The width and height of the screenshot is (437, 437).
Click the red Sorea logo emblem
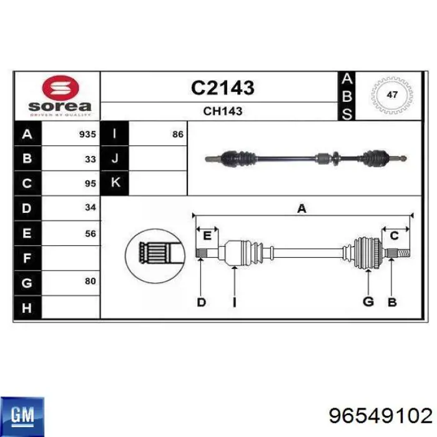[x=61, y=88]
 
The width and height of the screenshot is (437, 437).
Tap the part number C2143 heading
[x=223, y=87]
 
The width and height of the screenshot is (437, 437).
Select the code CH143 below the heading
[x=223, y=111]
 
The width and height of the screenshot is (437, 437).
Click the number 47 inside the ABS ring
[x=392, y=95]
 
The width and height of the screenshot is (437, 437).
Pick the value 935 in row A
[x=87, y=134]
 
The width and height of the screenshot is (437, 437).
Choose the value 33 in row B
[x=91, y=159]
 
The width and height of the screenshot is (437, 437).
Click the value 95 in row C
[x=91, y=184]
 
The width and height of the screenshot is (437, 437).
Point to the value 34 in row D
[x=91, y=207]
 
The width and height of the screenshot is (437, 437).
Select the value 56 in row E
[x=91, y=233]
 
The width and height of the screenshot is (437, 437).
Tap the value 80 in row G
[x=91, y=281]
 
